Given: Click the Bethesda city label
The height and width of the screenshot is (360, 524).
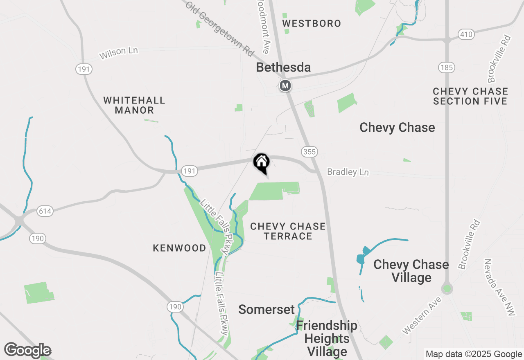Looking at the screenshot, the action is tap(283, 67).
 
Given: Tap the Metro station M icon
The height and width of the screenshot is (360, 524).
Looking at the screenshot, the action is tap(285, 85).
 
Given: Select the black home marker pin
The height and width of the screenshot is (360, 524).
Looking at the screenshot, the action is tap(261, 162).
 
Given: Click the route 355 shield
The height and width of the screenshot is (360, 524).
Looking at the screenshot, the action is tap(309, 152).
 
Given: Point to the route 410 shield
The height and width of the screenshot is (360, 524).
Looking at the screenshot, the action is tap(466, 34).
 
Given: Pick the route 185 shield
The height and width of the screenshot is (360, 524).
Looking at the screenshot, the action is tap(446, 67).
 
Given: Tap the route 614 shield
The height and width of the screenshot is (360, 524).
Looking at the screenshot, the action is tap(45, 211).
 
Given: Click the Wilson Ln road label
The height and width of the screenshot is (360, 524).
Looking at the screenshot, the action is tap(119, 53).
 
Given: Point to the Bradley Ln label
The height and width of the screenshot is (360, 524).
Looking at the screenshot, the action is tap(348, 172).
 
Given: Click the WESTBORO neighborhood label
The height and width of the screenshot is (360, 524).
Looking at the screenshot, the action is tap(312, 23).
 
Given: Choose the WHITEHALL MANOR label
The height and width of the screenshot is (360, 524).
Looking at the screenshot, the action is tap(134, 105).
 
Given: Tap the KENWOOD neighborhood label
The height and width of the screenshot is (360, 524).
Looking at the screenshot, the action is tap(179, 248).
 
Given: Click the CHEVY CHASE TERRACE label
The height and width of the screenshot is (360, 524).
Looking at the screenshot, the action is tap(288, 231).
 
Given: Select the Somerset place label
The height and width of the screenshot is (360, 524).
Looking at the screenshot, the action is tap(267, 310).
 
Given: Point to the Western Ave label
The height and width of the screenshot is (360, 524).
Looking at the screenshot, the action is tap(422, 315).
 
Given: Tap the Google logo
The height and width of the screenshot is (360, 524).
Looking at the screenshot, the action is tap(28, 351).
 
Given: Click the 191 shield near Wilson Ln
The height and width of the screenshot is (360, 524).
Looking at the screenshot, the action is tap(84, 69).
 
